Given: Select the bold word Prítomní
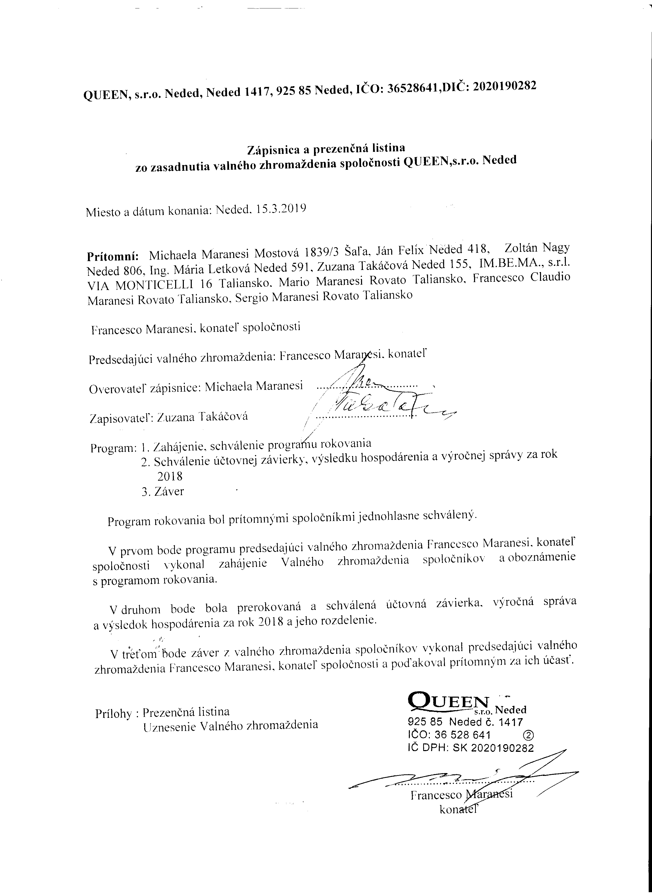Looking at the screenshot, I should [113, 255].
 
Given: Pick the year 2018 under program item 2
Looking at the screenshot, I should [170, 476].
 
